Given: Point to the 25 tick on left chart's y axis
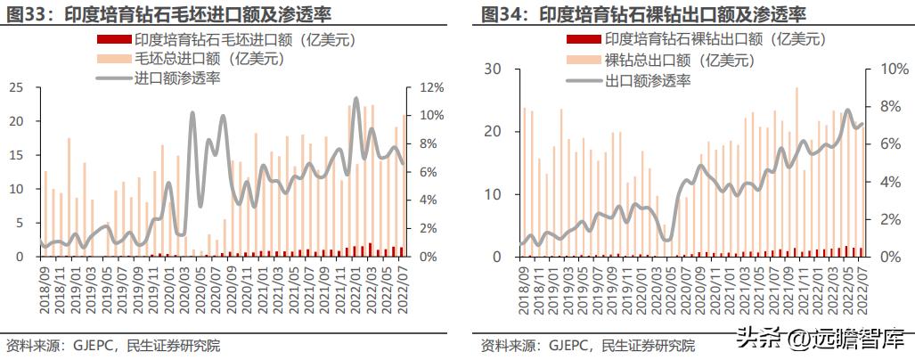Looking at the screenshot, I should pos(16,87).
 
